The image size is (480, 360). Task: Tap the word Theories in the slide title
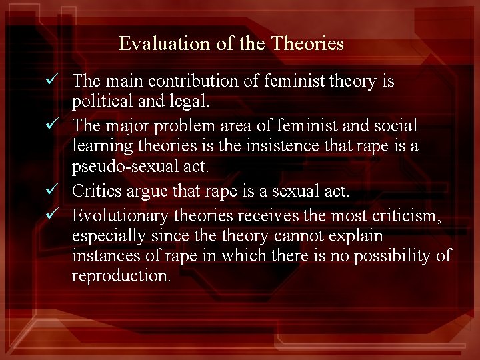point(307,44)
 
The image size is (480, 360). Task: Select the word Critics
point(94,191)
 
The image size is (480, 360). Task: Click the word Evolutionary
point(120,215)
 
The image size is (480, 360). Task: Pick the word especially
point(108,237)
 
